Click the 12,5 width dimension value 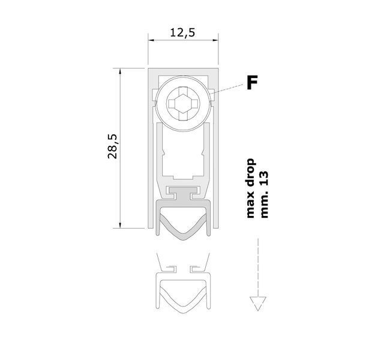(x=182, y=32)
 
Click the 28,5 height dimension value (x=112, y=146)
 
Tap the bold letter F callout (x=252, y=82)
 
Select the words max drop (x=251, y=188)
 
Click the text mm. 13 (x=264, y=195)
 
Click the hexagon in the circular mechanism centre (x=183, y=104)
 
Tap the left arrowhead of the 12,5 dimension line (x=151, y=40)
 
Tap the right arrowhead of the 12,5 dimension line (x=215, y=40)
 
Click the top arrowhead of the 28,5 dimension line (x=120, y=71)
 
